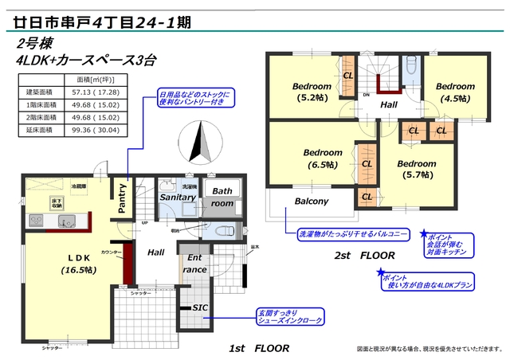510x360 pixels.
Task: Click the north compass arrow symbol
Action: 199,145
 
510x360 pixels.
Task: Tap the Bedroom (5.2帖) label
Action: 312,92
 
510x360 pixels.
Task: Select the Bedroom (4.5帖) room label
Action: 455,92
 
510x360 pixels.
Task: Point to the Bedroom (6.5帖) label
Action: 323,158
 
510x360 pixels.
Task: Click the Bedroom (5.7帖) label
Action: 417,170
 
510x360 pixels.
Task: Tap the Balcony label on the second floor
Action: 311,202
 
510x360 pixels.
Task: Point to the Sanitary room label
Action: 178,196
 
